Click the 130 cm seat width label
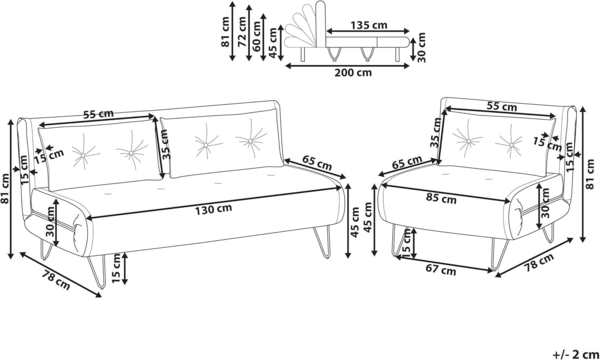click(x=214, y=209)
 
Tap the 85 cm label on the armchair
click(x=441, y=199)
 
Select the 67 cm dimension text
click(x=441, y=270)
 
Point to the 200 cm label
click(x=353, y=72)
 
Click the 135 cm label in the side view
click(x=369, y=25)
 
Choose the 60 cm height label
click(x=257, y=36)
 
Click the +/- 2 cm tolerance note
click(x=576, y=354)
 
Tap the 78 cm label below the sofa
click(x=56, y=280)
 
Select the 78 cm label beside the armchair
click(x=539, y=263)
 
